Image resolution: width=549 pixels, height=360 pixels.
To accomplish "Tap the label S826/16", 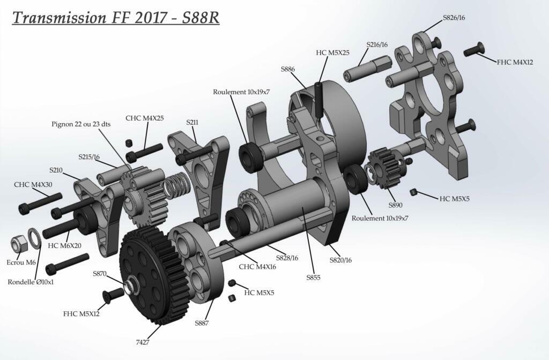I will [454, 18].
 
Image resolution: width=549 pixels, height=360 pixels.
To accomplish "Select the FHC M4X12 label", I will [515, 62].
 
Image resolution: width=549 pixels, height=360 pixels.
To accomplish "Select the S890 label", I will [395, 205].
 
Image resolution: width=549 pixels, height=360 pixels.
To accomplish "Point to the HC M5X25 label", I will [332, 52].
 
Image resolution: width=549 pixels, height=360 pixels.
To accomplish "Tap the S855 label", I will [313, 277].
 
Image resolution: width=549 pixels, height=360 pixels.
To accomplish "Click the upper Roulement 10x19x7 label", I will [241, 92].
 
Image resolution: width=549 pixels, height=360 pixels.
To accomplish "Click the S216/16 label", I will [377, 45].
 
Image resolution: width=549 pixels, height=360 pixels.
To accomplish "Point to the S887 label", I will [202, 323].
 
